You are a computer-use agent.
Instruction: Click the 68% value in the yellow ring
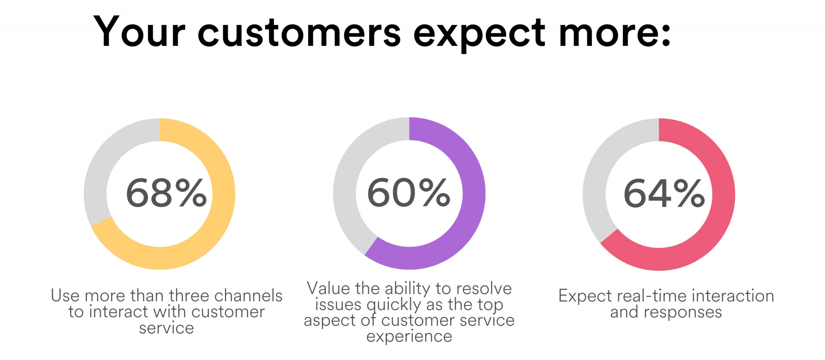click(166, 194)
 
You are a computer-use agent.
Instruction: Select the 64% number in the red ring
click(664, 194)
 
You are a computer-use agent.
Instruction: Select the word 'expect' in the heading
click(479, 34)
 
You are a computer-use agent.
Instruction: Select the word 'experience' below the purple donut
click(409, 336)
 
